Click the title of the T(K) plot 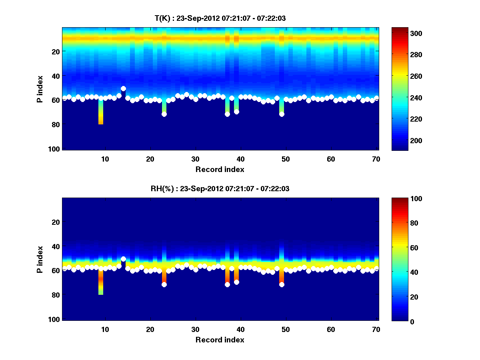pos(220,18)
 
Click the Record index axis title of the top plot pos(220,169)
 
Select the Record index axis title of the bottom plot pos(220,340)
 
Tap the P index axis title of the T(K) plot pos(40,88)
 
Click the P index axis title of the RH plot pos(40,259)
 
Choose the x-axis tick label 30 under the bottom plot pos(195,329)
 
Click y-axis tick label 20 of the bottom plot pos(56,222)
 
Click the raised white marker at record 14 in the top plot pos(123,88)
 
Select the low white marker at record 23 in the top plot pos(164,114)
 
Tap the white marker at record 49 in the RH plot pos(282,284)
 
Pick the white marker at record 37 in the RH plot pos(227,284)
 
